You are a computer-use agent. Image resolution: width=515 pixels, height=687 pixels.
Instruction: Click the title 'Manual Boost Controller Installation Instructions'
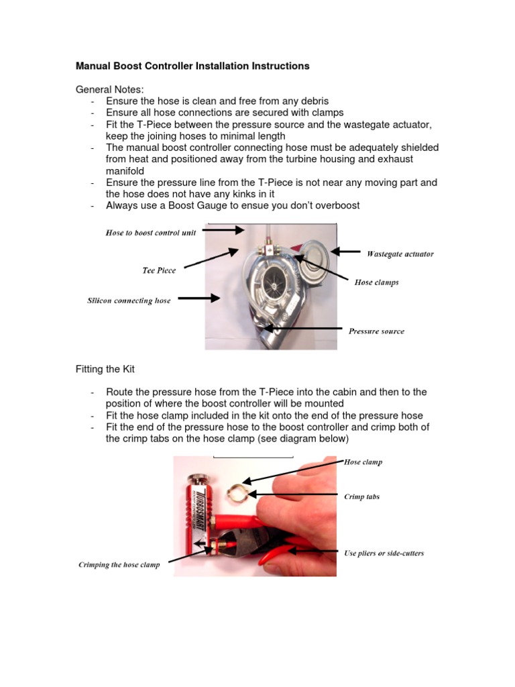click(192, 66)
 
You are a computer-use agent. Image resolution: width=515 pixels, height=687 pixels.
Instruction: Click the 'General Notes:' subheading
click(109, 89)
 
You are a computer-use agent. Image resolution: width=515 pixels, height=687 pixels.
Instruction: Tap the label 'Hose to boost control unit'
click(151, 233)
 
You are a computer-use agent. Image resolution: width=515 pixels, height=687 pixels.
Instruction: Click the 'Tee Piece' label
click(159, 270)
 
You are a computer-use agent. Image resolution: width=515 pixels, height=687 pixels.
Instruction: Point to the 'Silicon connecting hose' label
click(129, 301)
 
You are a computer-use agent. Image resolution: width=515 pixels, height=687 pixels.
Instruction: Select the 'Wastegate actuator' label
click(400, 254)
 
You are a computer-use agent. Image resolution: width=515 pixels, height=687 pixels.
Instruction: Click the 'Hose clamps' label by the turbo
click(376, 282)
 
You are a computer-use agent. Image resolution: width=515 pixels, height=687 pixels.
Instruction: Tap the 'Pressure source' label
click(376, 331)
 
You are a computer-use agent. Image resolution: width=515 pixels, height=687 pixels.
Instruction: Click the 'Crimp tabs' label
click(361, 497)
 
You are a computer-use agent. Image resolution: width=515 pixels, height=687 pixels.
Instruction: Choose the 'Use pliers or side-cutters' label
click(384, 553)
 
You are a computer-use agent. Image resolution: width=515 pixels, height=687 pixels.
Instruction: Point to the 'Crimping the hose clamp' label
click(119, 565)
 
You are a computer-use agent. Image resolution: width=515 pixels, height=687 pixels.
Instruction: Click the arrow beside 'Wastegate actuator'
click(346, 252)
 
